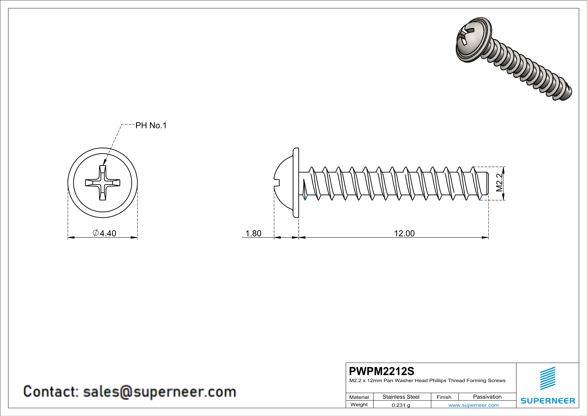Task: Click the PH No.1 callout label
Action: (x=151, y=125)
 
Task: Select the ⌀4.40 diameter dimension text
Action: (x=105, y=233)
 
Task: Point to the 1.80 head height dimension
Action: (x=253, y=233)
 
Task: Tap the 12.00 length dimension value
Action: (x=404, y=233)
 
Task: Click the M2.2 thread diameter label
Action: (x=499, y=183)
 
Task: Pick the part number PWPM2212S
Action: (x=381, y=371)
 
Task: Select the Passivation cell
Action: (x=487, y=397)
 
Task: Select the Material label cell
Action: (x=359, y=397)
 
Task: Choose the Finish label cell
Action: (x=444, y=397)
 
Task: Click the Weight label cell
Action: (x=359, y=405)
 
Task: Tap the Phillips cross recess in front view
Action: (x=103, y=183)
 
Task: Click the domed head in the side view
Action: (x=285, y=183)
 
